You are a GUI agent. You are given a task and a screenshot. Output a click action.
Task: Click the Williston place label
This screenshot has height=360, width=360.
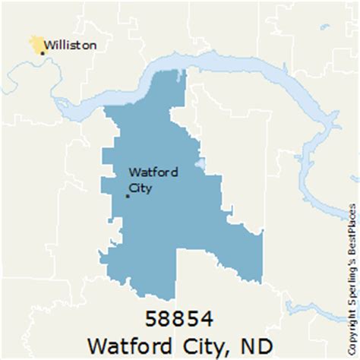point(70,45)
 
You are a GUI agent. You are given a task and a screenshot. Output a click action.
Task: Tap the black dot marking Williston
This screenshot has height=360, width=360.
point(43,52)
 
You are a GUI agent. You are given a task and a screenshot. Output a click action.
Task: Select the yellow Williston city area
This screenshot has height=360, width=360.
point(35,44)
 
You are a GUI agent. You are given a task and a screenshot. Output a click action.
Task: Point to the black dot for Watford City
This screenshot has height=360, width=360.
point(127,197)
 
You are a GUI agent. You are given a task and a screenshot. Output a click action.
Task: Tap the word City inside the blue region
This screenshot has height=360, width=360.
point(141,186)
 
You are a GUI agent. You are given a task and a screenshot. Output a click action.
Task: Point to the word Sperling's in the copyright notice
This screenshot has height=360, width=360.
point(351,282)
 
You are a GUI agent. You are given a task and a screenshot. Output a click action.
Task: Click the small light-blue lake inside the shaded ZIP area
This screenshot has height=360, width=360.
point(200,163)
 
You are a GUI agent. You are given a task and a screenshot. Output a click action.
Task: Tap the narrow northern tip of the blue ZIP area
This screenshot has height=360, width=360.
point(180,76)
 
